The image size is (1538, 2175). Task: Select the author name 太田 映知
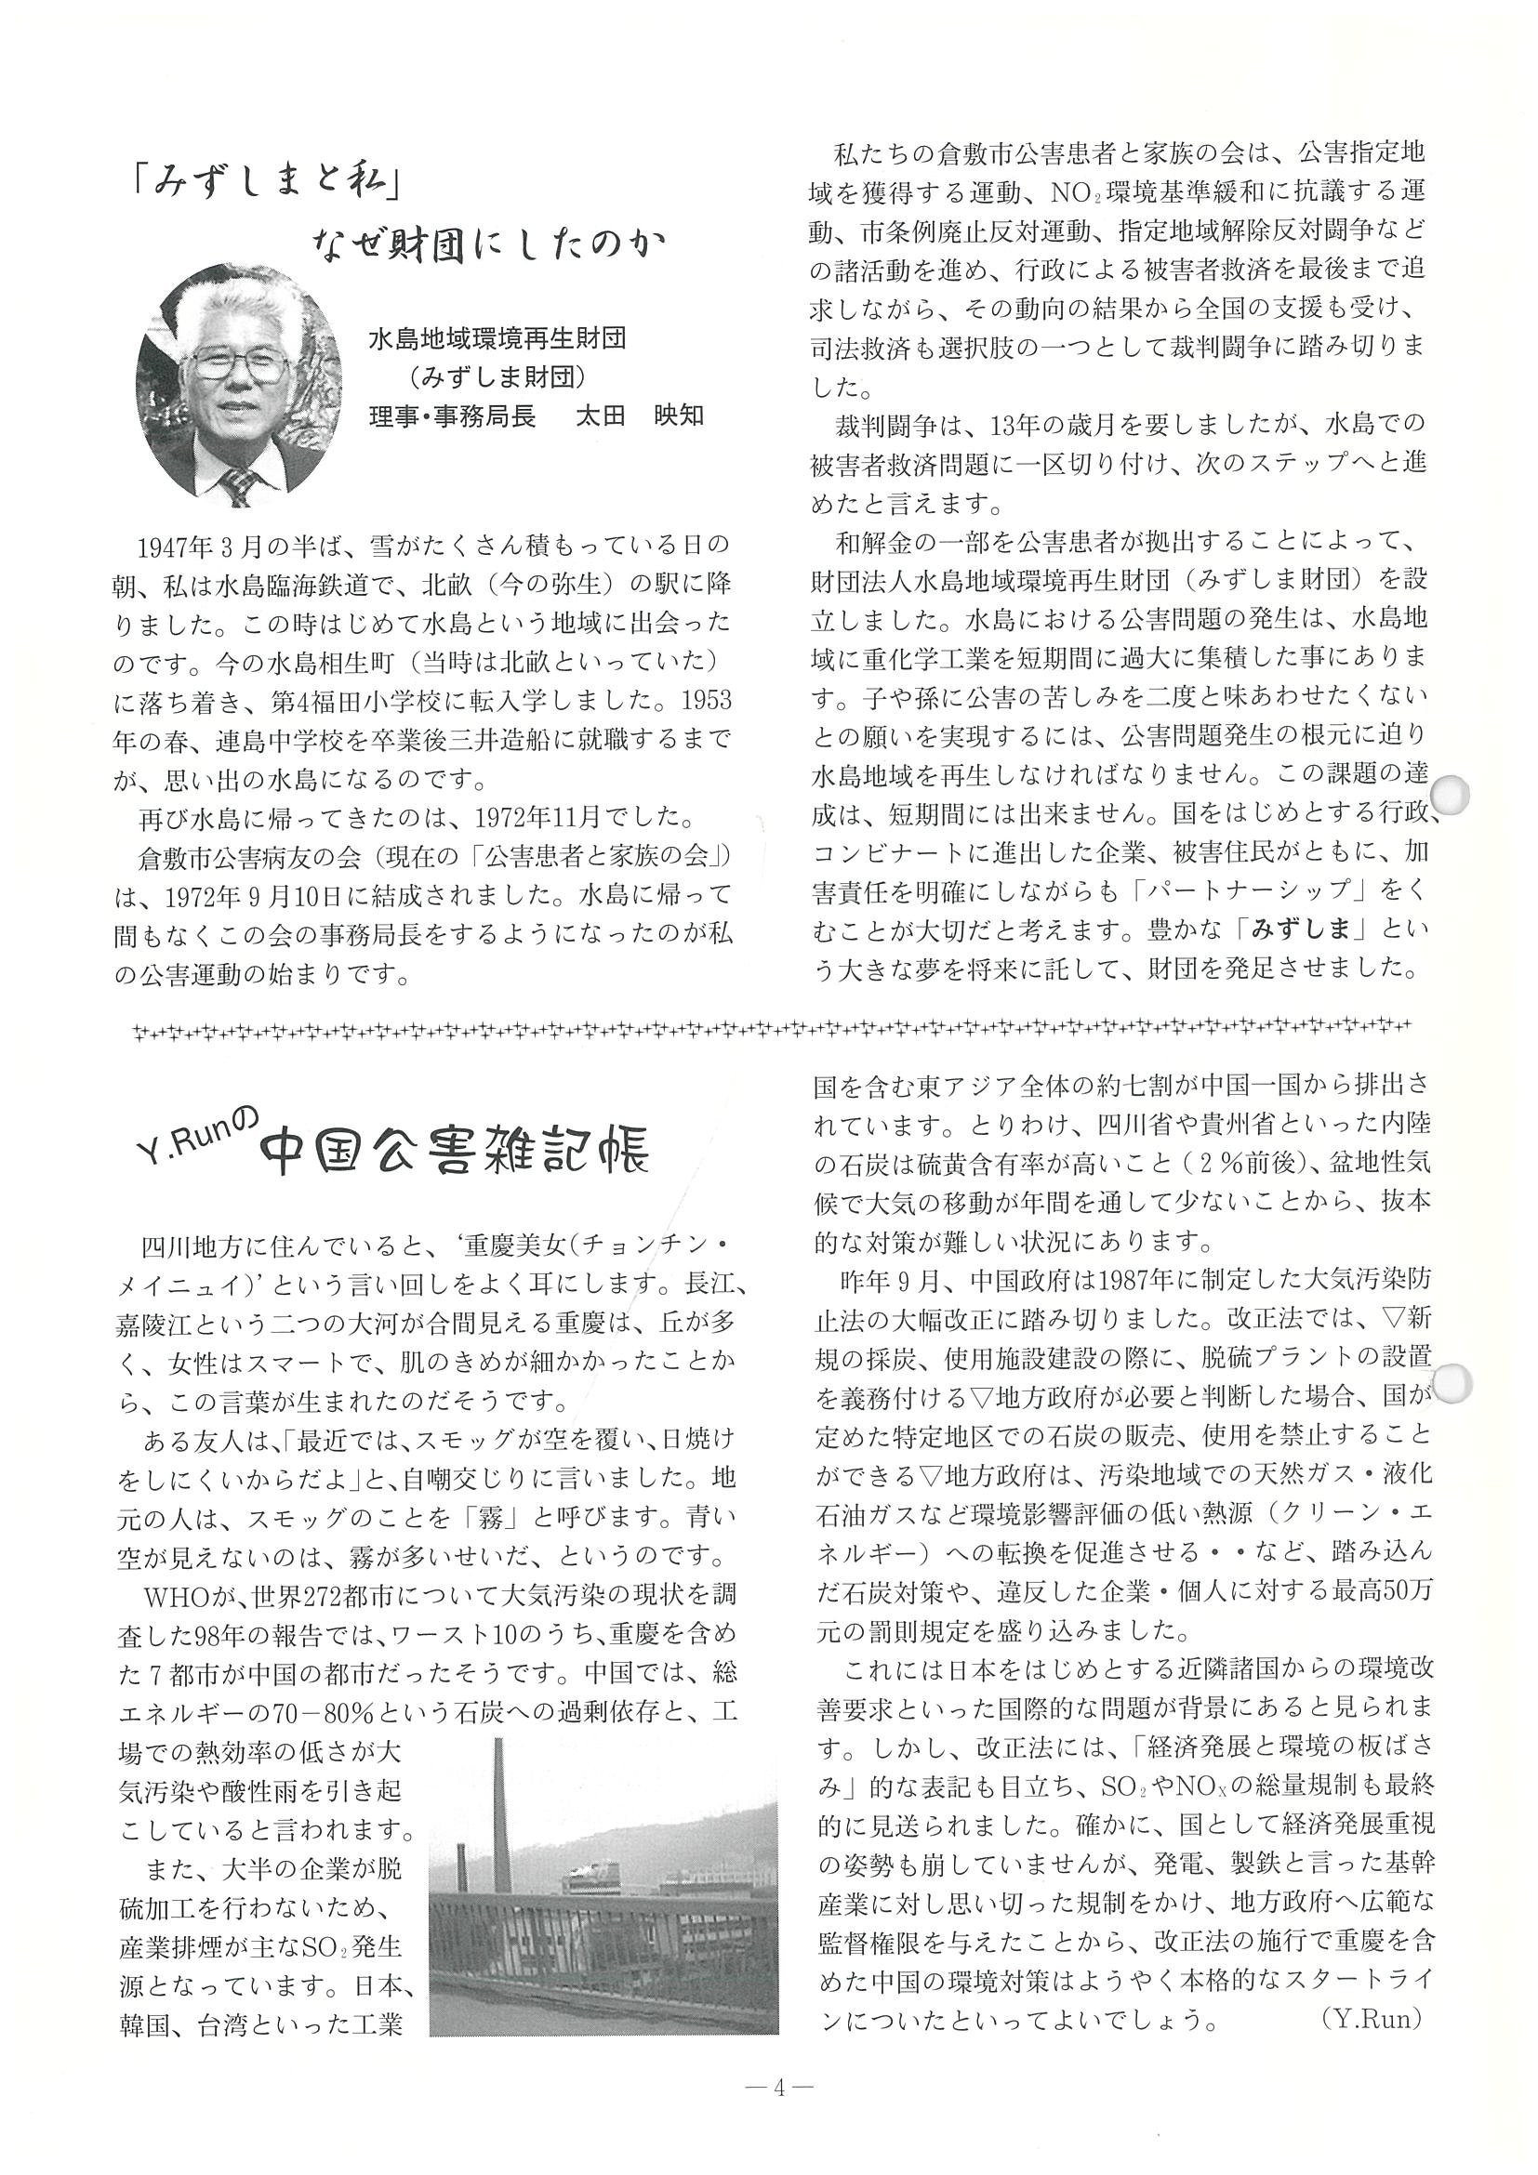(640, 415)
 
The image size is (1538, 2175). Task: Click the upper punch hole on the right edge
(1451, 796)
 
